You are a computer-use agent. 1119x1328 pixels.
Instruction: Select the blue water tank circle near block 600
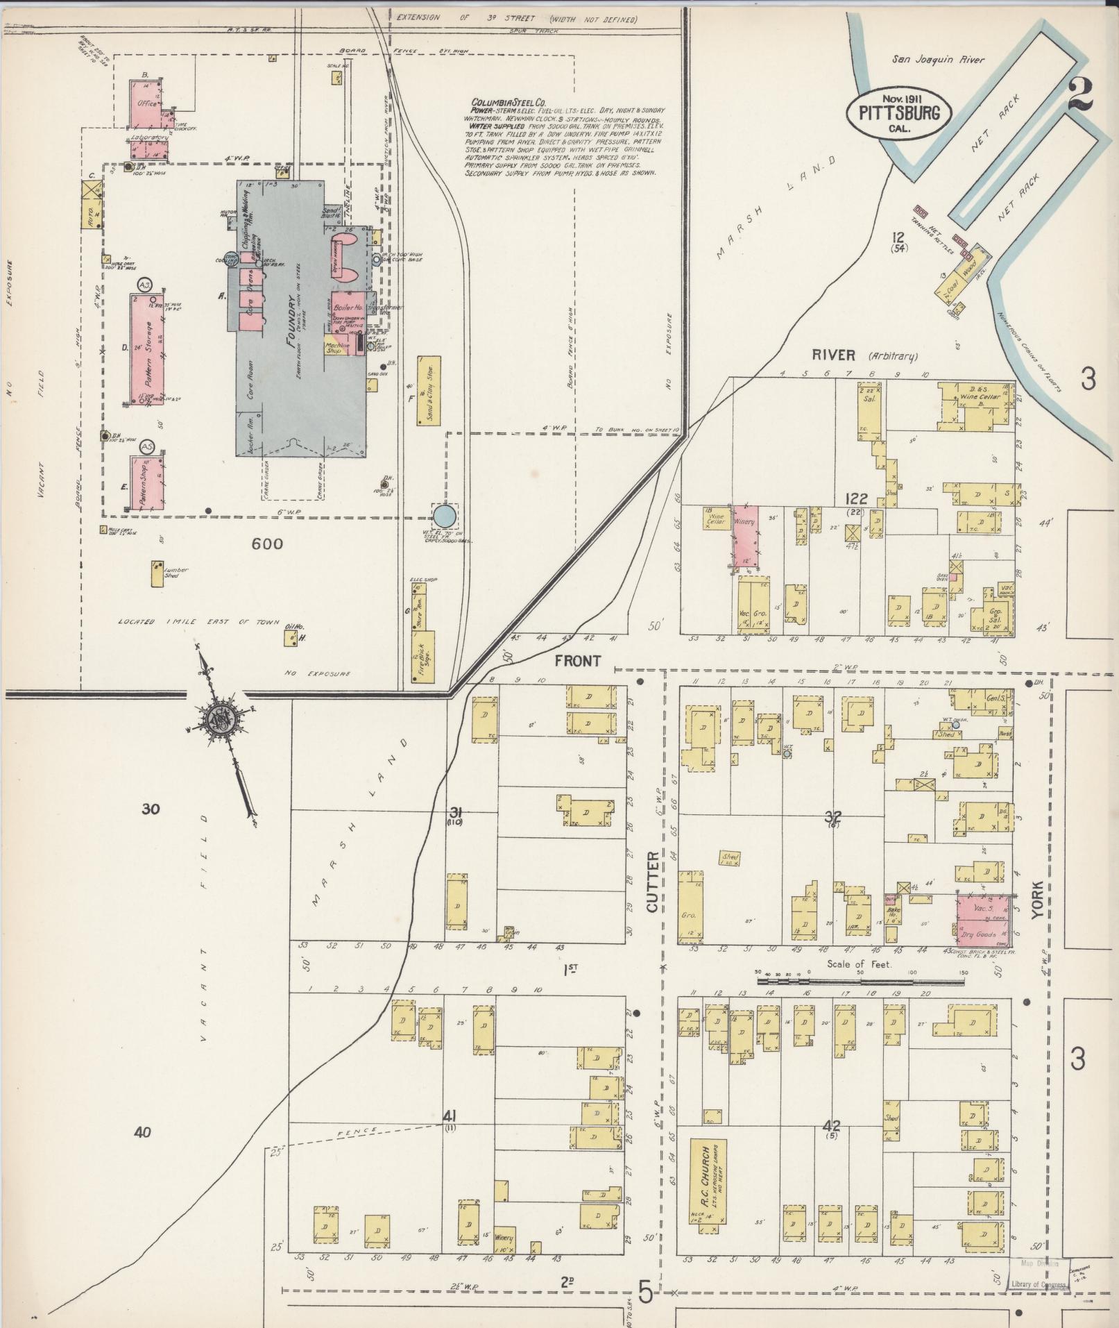pyautogui.click(x=445, y=516)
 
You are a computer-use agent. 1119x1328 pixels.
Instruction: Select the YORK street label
pyautogui.click(x=1036, y=901)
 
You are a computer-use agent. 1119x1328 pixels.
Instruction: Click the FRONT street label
pyautogui.click(x=577, y=660)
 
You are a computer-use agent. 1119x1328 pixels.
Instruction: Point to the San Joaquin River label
pyautogui.click(x=938, y=60)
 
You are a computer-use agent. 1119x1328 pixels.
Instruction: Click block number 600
pyautogui.click(x=267, y=544)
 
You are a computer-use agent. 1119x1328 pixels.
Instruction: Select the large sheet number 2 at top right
pyautogui.click(x=1079, y=96)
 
